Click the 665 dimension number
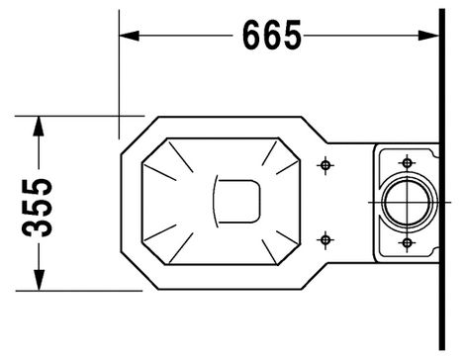click(272, 35)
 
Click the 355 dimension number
click(37, 208)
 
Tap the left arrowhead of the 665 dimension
click(129, 36)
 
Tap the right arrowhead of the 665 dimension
click(428, 36)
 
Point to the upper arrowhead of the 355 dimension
click(39, 126)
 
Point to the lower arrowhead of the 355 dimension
click(39, 280)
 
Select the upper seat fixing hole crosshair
click(325, 165)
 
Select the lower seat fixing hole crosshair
click(325, 239)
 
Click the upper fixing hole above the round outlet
click(407, 162)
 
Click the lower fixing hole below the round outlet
click(407, 243)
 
